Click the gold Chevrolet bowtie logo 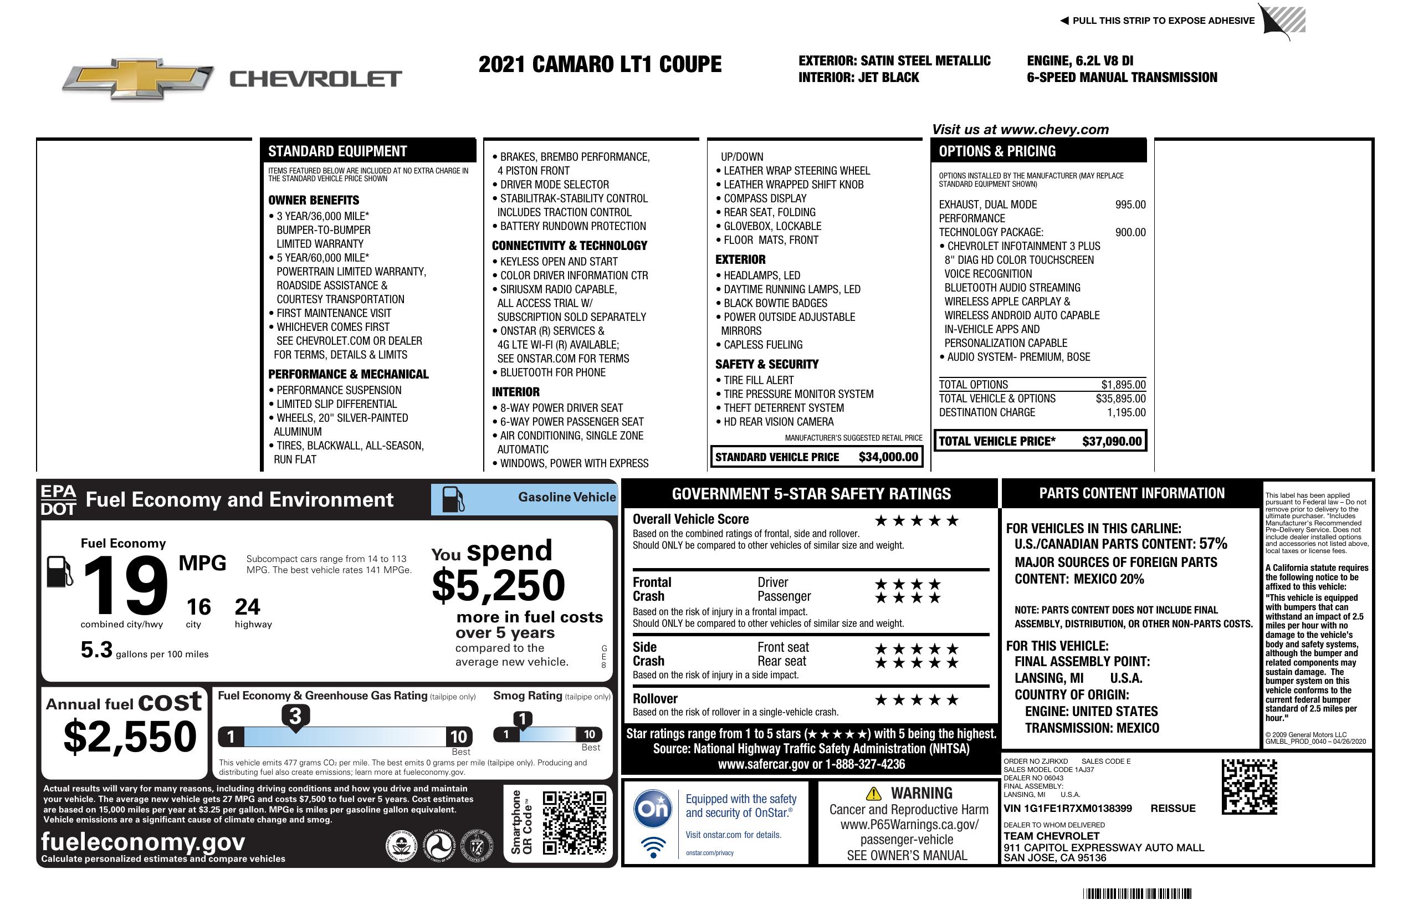point(138,78)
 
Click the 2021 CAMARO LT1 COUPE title point(600,64)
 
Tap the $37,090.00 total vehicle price point(1112,441)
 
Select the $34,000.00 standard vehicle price point(888,457)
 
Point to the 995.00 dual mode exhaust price point(1130,205)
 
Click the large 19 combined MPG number point(126,586)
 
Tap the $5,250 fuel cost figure point(498,585)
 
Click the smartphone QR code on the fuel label point(574,822)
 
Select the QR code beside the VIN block point(1249,786)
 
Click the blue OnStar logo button point(653,809)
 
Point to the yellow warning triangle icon point(873,793)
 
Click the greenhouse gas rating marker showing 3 point(295,716)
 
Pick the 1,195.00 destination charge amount point(1126,413)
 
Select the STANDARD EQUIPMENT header point(337,151)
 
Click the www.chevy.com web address point(1054,130)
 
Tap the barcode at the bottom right point(1136,893)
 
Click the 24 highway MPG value point(247,607)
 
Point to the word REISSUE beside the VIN point(1173,808)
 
